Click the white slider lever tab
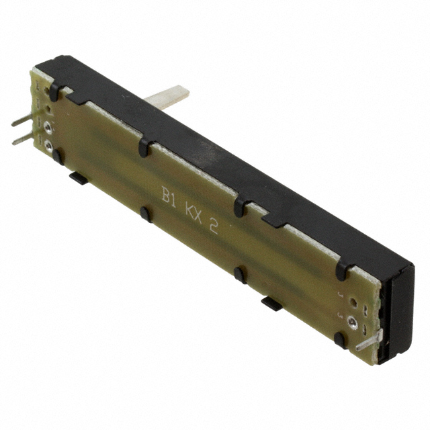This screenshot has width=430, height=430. coord(167,97)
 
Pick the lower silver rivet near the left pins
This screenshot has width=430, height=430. coord(48,144)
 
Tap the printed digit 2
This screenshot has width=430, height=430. coord(214,226)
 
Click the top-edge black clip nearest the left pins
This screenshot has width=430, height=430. coord(54,92)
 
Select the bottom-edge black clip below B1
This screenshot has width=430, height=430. coord(144,214)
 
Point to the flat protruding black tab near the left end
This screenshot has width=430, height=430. coord(78,177)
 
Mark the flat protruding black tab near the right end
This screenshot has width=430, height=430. coord(271,303)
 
